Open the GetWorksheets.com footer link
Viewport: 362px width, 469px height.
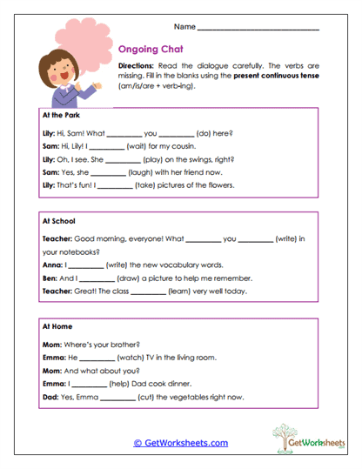[181, 443]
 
